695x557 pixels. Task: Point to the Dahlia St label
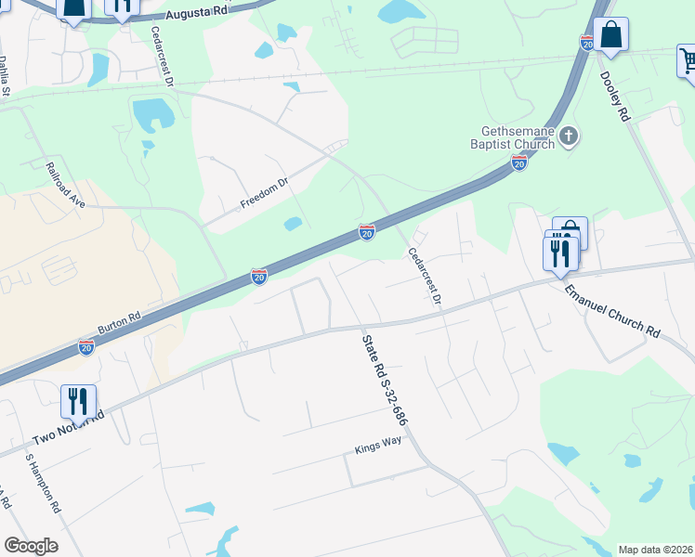coord(5,73)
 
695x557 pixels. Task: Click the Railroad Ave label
coord(65,185)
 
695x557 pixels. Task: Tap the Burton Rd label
coord(119,324)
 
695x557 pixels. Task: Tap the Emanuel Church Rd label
coord(611,311)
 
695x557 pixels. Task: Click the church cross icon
coord(569,138)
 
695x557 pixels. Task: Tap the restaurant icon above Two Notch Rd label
coord(76,401)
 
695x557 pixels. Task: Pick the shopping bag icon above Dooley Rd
coord(611,35)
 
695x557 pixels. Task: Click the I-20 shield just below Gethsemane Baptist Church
coord(518,163)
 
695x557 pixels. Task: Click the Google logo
coord(31,546)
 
